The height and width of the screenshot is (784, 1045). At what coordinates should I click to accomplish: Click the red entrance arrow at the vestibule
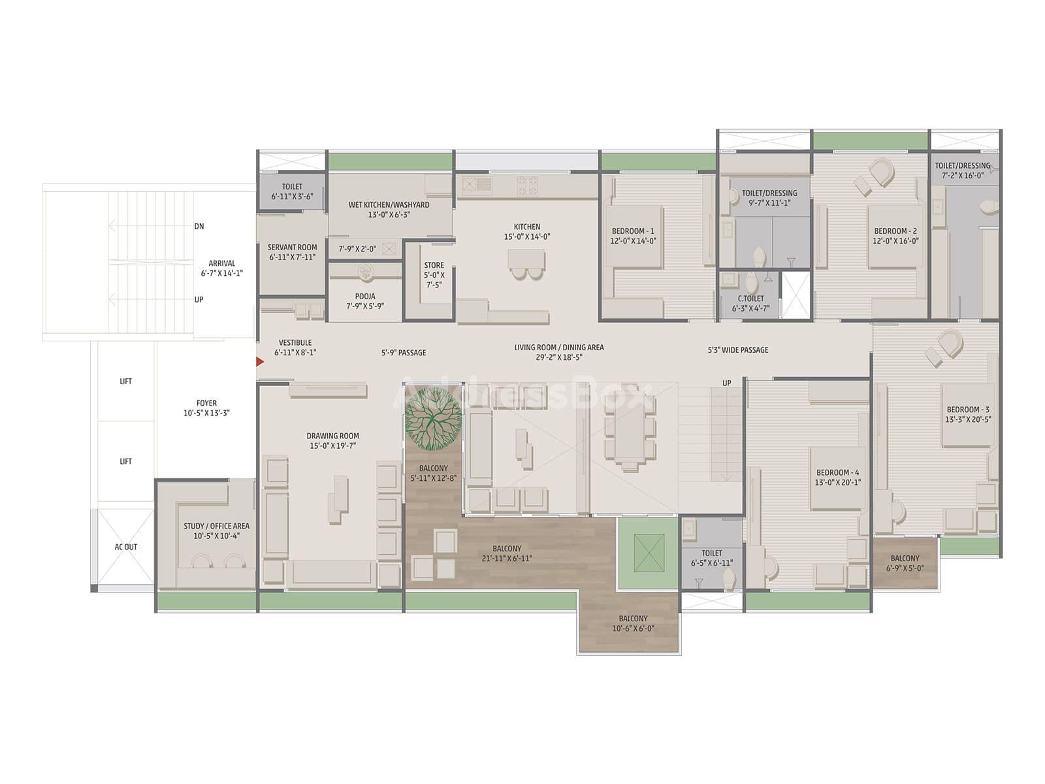(259, 362)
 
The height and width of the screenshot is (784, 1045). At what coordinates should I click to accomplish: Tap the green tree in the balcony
(433, 419)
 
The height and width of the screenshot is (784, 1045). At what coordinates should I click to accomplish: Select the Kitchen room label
(526, 227)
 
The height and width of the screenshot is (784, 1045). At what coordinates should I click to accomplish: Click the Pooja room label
(365, 296)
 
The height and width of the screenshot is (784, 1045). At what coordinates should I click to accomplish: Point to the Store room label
(434, 265)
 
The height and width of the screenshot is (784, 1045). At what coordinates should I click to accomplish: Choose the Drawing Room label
(333, 436)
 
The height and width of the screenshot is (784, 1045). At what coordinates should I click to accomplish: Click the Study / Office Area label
(217, 526)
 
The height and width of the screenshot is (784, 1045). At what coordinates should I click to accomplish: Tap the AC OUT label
(125, 547)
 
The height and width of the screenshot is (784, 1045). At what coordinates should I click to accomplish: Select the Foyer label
(206, 402)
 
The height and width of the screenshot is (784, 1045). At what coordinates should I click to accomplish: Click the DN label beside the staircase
(199, 226)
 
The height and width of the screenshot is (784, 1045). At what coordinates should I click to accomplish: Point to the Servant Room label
(293, 247)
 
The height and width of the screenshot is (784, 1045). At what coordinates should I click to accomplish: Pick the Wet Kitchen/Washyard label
(389, 204)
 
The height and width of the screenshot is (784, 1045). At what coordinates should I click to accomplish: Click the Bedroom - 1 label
(633, 231)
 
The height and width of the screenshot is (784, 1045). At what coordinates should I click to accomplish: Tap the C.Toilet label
(751, 299)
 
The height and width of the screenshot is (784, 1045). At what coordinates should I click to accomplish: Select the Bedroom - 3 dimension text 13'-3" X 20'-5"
(968, 419)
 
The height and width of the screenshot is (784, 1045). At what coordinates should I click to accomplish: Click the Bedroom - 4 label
(838, 472)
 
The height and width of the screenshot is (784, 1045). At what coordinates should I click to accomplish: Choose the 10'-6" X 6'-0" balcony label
(633, 629)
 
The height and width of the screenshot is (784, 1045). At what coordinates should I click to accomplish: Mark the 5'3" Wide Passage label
(738, 350)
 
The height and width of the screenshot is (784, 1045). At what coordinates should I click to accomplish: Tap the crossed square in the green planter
(649, 553)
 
